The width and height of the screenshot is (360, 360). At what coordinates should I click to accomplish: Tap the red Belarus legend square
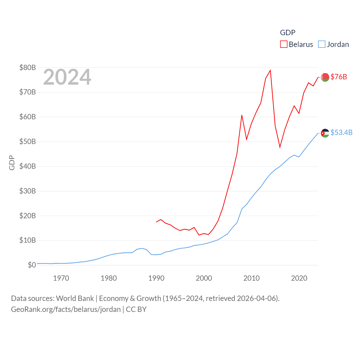[283, 44]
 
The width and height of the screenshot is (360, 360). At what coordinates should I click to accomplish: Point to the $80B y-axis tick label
[28, 67]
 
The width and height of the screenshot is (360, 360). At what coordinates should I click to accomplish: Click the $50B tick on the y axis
[28, 141]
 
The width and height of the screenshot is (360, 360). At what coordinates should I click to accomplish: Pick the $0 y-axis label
[32, 265]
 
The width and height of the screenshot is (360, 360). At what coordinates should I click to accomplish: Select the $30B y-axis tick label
[28, 191]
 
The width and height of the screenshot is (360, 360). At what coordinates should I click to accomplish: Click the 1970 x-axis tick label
[61, 278]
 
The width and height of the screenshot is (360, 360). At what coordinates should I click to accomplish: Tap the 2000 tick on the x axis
[204, 278]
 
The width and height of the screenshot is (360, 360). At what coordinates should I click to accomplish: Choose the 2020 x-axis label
[299, 278]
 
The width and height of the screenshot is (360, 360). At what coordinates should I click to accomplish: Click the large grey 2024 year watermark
[67, 77]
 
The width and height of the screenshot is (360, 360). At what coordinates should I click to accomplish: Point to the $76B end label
[339, 77]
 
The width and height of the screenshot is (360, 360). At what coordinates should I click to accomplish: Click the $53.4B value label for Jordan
[341, 132]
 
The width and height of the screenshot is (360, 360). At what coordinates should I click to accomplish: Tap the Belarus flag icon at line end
[325, 77]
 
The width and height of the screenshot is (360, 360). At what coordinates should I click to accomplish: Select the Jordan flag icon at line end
[325, 133]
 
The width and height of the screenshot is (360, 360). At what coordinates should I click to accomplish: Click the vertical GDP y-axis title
[12, 163]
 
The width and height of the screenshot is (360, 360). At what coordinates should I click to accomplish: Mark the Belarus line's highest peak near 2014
[270, 70]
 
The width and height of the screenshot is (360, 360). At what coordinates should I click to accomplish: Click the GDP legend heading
[287, 33]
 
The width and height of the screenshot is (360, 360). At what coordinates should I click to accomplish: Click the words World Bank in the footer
[75, 298]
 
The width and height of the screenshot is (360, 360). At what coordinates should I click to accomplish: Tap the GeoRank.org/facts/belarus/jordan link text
[66, 309]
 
